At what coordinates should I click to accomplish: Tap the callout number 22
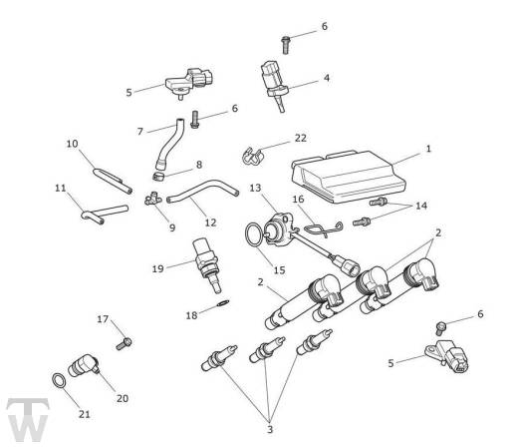(301, 138)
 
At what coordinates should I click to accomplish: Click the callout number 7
(139, 131)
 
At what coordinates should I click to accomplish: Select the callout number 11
(61, 187)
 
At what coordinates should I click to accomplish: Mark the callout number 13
(255, 188)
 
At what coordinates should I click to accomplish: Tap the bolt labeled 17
(125, 342)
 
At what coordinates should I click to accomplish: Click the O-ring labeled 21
(59, 381)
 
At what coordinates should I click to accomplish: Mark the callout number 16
(297, 200)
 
